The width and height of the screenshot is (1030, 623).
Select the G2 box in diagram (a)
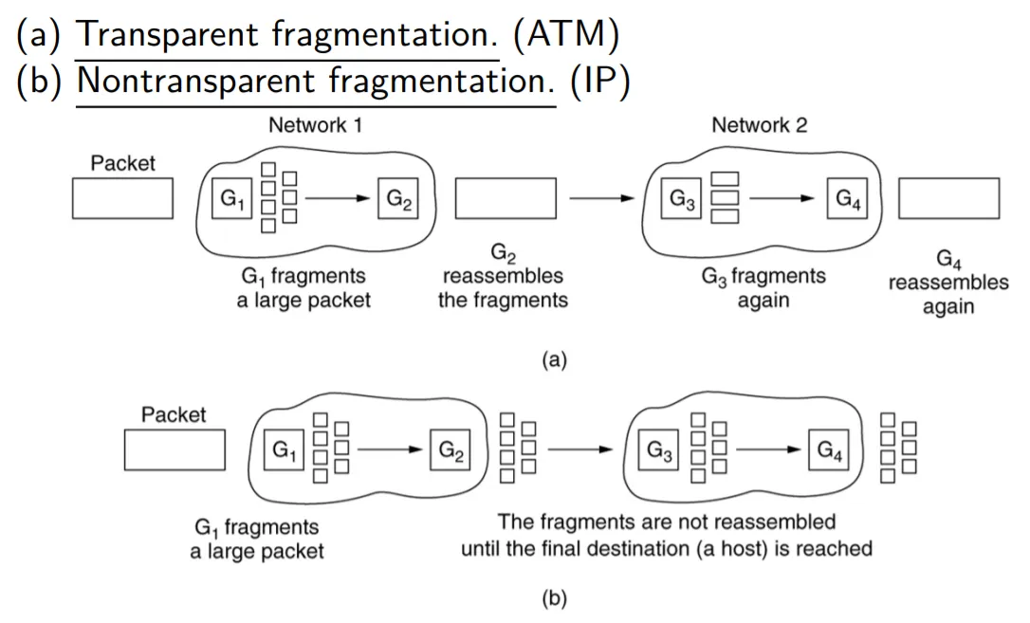click(x=397, y=198)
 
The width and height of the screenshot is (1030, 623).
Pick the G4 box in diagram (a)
click(x=847, y=198)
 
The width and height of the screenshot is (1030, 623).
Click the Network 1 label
click(x=315, y=125)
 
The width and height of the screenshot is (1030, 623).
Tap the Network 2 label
click(x=759, y=125)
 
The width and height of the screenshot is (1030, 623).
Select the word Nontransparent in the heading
click(x=198, y=82)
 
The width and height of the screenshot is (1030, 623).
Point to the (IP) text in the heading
click(x=600, y=82)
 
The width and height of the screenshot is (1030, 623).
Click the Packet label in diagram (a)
click(x=122, y=163)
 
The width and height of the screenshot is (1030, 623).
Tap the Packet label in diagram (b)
click(x=174, y=414)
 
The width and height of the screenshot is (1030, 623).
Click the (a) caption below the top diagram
click(x=553, y=359)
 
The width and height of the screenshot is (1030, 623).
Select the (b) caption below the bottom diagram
click(x=553, y=598)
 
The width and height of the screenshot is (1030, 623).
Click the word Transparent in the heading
click(x=170, y=35)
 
